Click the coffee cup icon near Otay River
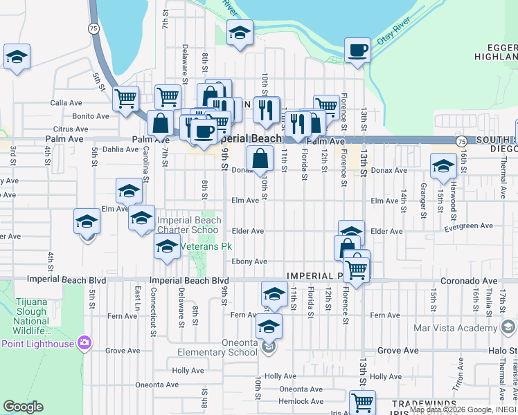coord(357,50)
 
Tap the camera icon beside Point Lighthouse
coord(84,342)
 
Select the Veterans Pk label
coord(206,246)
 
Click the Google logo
coord(22,407)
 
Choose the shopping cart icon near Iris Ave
coord(362,402)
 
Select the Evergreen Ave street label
coord(469,225)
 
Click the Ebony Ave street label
coord(249,261)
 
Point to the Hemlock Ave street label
coord(301,401)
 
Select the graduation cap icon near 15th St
coord(443,166)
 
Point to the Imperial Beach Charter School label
coord(188,225)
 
